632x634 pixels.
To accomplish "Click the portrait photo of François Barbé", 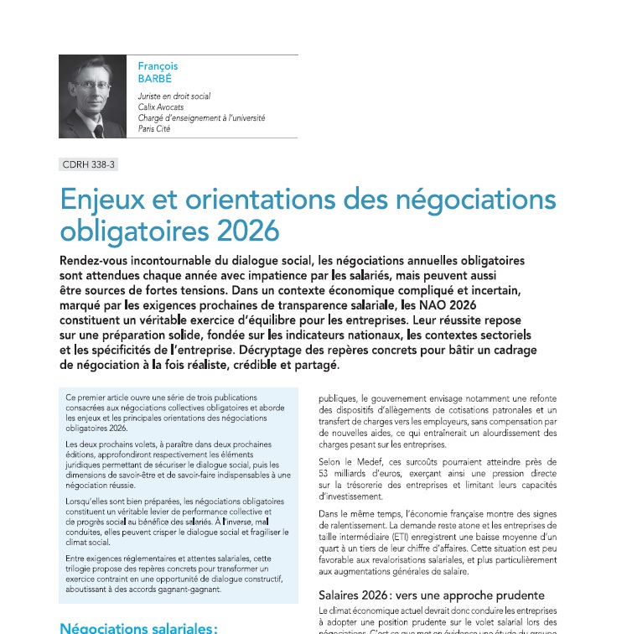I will pos(92,96).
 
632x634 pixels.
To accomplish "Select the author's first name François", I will pos(158,66).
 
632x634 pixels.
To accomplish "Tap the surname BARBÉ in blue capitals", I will pos(156,78).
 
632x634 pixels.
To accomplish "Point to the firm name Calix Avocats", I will pos(161,107).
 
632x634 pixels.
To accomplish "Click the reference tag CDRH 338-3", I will pos(88,164).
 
